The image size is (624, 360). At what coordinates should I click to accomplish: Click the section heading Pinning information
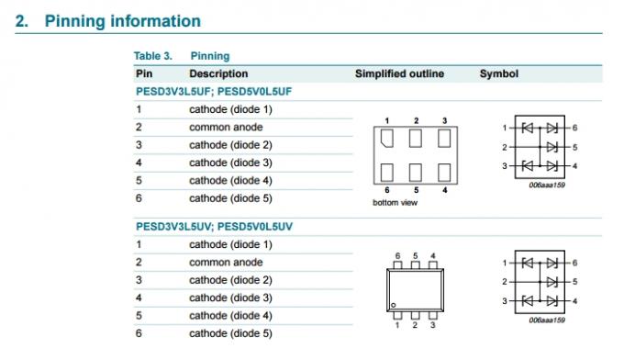tap(121, 21)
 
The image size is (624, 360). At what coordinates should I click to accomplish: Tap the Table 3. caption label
tap(153, 56)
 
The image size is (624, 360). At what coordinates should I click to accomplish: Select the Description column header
tap(218, 73)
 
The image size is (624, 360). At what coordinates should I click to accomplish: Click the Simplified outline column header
tap(399, 73)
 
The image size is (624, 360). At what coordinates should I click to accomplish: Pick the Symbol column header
tap(498, 73)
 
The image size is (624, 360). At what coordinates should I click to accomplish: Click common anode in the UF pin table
tap(226, 127)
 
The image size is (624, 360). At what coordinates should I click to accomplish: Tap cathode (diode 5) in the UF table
tap(230, 197)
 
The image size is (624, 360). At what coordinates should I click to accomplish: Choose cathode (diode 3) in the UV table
tap(230, 298)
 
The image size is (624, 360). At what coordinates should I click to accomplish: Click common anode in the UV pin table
tap(226, 262)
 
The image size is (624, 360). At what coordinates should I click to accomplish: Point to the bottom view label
tap(395, 202)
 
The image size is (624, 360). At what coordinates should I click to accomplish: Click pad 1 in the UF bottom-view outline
tap(387, 139)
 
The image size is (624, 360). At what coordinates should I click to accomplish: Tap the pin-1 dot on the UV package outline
tap(393, 304)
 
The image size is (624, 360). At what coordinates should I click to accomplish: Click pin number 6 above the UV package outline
tap(397, 255)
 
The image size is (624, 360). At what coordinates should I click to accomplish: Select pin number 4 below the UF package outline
tap(444, 190)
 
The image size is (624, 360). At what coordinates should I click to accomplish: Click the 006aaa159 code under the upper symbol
tap(546, 185)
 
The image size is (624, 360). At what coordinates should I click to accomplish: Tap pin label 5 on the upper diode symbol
tap(574, 146)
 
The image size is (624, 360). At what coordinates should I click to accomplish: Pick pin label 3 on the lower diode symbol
tap(504, 300)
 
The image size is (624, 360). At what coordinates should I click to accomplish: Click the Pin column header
tap(144, 73)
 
